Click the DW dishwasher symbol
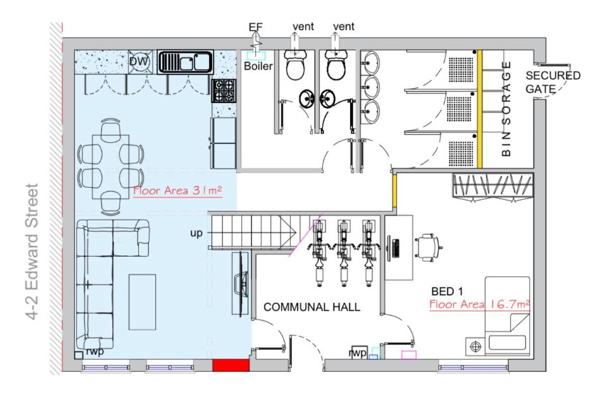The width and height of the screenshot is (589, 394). pyautogui.click(x=139, y=61)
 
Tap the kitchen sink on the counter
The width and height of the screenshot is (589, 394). pyautogui.click(x=185, y=62)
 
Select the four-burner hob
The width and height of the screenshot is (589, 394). pyautogui.click(x=224, y=90)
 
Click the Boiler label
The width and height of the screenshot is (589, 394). pyautogui.click(x=258, y=66)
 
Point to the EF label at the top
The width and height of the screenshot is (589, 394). pyautogui.click(x=256, y=27)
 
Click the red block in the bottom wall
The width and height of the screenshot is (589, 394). pyautogui.click(x=231, y=365)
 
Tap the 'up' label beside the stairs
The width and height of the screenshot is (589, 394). pyautogui.click(x=196, y=233)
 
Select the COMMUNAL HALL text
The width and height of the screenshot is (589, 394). pyautogui.click(x=312, y=307)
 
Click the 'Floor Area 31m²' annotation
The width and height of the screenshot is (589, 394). pyautogui.click(x=177, y=191)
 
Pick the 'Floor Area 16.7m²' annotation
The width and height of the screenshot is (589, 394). pyautogui.click(x=479, y=304)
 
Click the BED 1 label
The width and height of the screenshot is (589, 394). pyautogui.click(x=447, y=291)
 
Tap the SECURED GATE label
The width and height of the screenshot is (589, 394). pyautogui.click(x=553, y=82)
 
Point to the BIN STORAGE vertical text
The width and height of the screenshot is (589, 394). pyautogui.click(x=506, y=109)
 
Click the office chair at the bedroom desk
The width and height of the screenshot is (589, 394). pyautogui.click(x=429, y=247)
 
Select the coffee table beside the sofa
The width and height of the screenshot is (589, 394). pyautogui.click(x=142, y=302)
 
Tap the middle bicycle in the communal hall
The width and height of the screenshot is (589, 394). pyautogui.click(x=344, y=253)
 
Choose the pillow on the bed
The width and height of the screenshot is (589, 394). pyautogui.click(x=506, y=343)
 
